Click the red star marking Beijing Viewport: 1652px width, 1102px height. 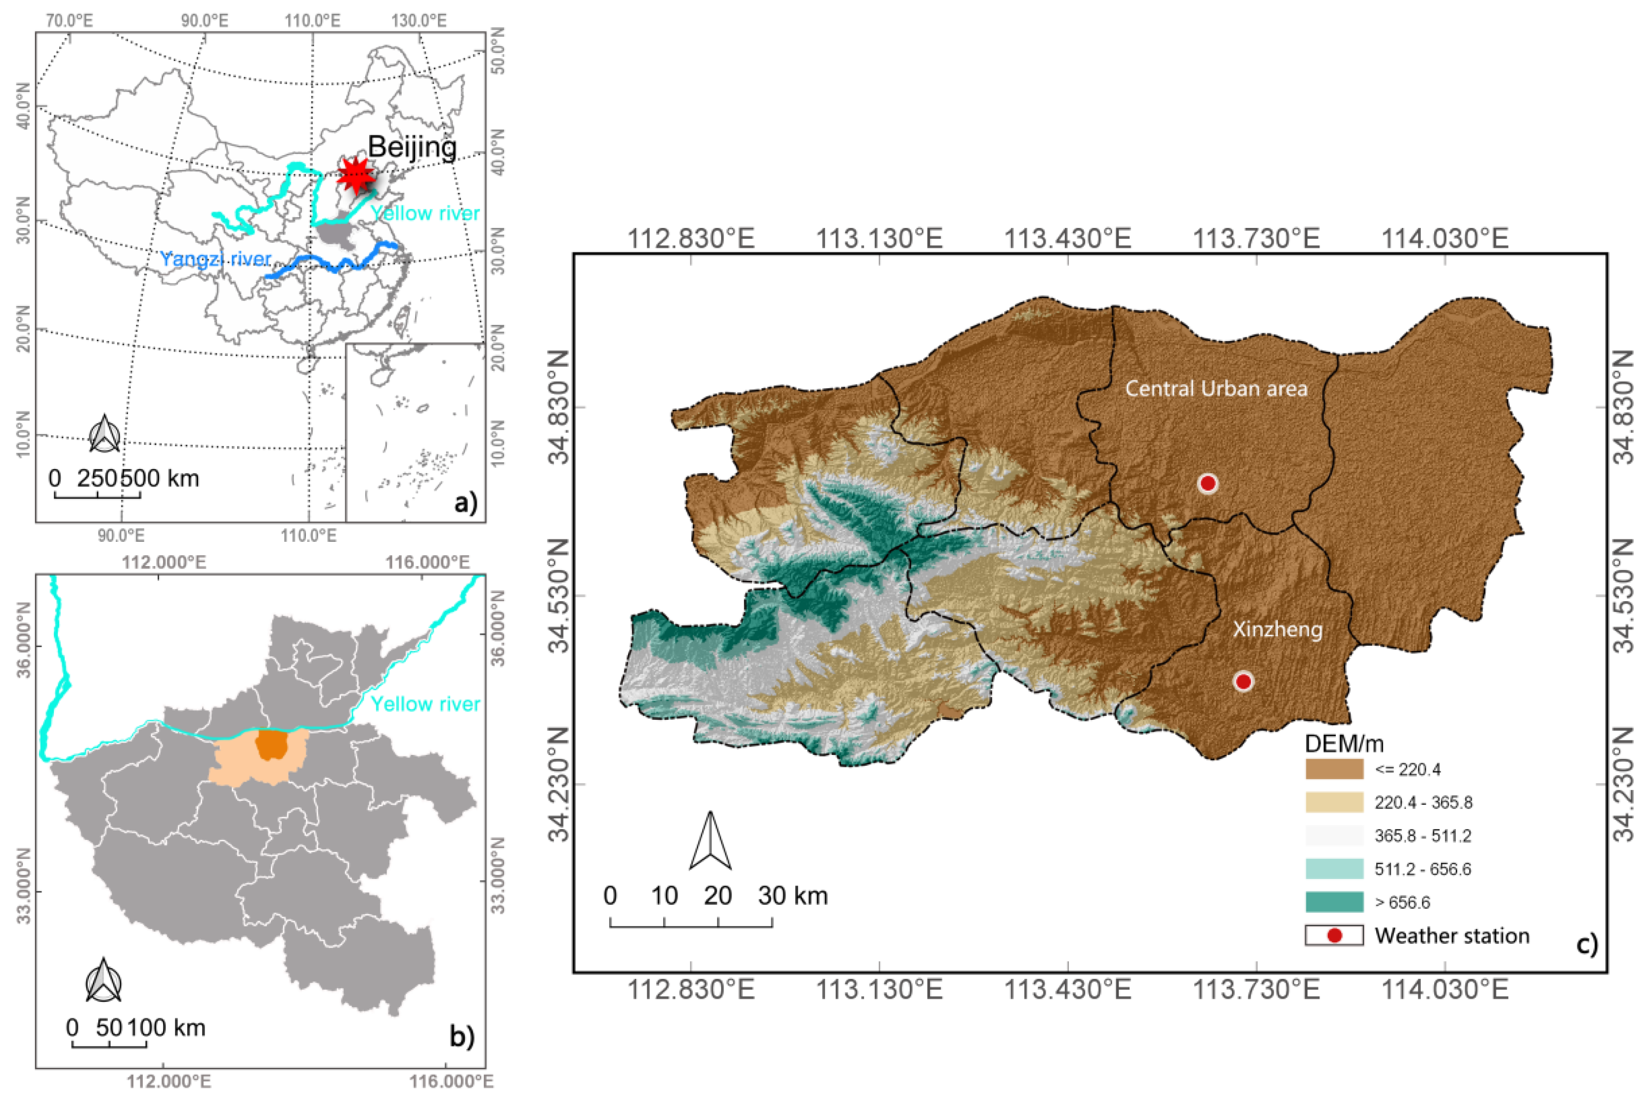356,176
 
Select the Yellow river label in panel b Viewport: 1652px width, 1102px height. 425,704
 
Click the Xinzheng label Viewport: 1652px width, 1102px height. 1277,629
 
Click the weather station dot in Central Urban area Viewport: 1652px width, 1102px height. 1207,484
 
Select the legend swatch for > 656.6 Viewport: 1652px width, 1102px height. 1334,902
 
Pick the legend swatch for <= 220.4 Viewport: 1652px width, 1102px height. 1334,769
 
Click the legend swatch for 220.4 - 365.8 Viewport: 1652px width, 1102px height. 1334,802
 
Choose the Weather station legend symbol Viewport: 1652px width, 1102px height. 1334,935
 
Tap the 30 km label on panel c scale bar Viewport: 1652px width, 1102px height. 792,896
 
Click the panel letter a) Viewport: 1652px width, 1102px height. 466,503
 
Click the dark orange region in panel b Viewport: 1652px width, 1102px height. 271,745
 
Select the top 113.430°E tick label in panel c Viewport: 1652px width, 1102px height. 1067,238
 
